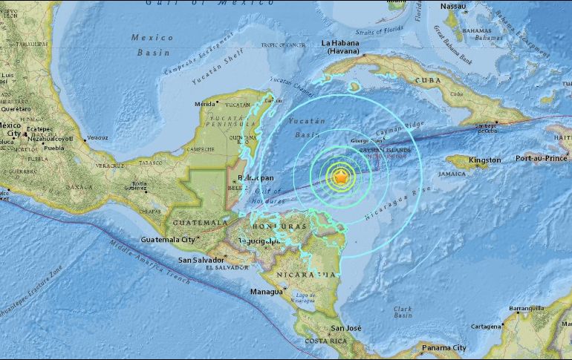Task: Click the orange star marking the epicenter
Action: coord(340,177)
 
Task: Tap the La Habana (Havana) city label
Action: coord(345,48)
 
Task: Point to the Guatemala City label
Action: coord(167,240)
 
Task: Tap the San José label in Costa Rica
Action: coord(346,328)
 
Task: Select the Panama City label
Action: coord(443,347)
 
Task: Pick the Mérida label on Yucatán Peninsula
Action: coord(204,105)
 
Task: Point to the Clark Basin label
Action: coord(403,312)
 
